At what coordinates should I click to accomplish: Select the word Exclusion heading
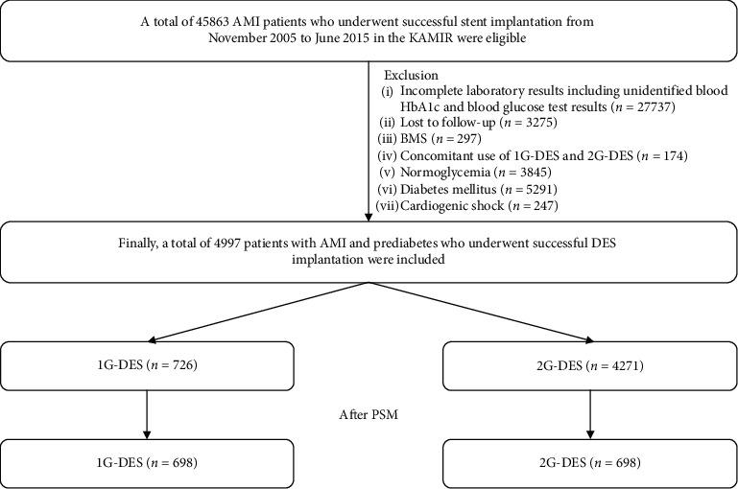point(412,74)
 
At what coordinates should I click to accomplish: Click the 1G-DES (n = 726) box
point(147,365)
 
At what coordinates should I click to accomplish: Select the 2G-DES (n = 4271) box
point(589,365)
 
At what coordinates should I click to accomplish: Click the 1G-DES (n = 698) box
point(147,463)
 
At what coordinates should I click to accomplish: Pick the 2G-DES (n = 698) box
point(589,463)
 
